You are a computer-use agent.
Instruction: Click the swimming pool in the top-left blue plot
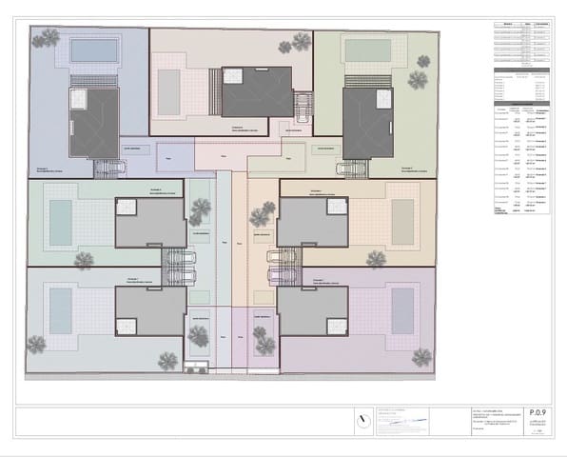tap(92, 49)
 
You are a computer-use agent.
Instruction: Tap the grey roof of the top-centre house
tap(257, 91)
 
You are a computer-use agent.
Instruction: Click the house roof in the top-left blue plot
tap(93, 123)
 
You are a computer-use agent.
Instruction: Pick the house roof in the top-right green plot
tap(367, 123)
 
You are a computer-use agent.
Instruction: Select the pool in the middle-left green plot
tap(60, 221)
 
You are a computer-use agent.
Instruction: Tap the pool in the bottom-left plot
tap(60, 311)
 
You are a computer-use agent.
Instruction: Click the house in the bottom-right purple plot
tap(313, 310)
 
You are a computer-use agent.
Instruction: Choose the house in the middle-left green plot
tap(150, 222)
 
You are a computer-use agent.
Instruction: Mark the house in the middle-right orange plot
tap(313, 222)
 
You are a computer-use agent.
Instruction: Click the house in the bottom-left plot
tap(150, 310)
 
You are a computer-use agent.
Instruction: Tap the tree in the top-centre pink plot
tap(301, 41)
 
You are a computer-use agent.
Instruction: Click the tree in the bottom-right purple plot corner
tap(420, 356)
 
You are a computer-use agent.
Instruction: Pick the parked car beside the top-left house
tap(109, 168)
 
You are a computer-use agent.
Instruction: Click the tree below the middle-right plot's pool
tap(377, 258)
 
